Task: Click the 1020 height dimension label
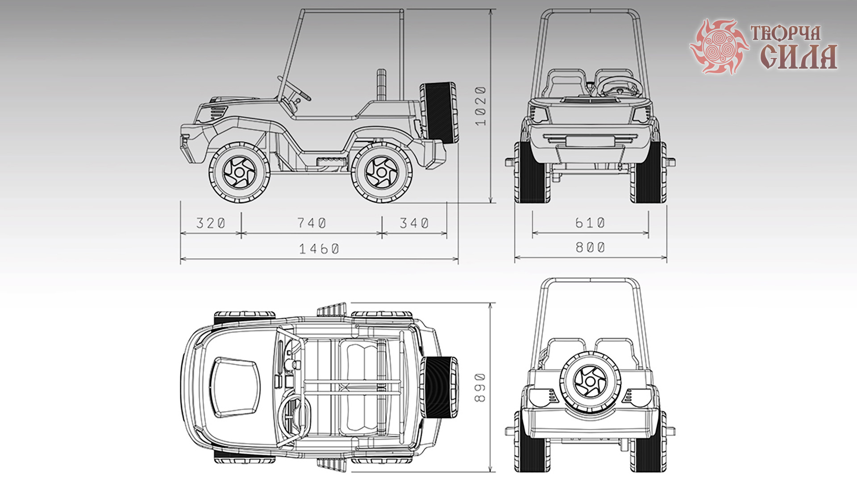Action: click(x=480, y=106)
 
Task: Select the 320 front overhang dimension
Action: click(x=211, y=223)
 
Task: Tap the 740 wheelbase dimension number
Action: click(x=312, y=223)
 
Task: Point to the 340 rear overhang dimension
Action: click(x=414, y=223)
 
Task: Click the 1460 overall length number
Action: click(x=319, y=249)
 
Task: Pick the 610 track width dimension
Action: click(x=590, y=222)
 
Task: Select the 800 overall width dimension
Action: click(x=590, y=247)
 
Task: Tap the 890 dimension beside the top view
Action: click(x=480, y=387)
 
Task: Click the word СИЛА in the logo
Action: click(x=799, y=57)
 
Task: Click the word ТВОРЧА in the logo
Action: click(x=786, y=33)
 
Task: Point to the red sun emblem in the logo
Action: click(x=719, y=46)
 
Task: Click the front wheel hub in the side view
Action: click(x=240, y=172)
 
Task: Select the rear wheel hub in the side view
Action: click(x=382, y=172)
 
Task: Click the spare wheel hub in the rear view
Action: click(x=590, y=382)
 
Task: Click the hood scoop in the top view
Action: click(x=235, y=386)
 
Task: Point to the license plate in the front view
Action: click(x=590, y=141)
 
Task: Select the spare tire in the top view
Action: click(x=439, y=387)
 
